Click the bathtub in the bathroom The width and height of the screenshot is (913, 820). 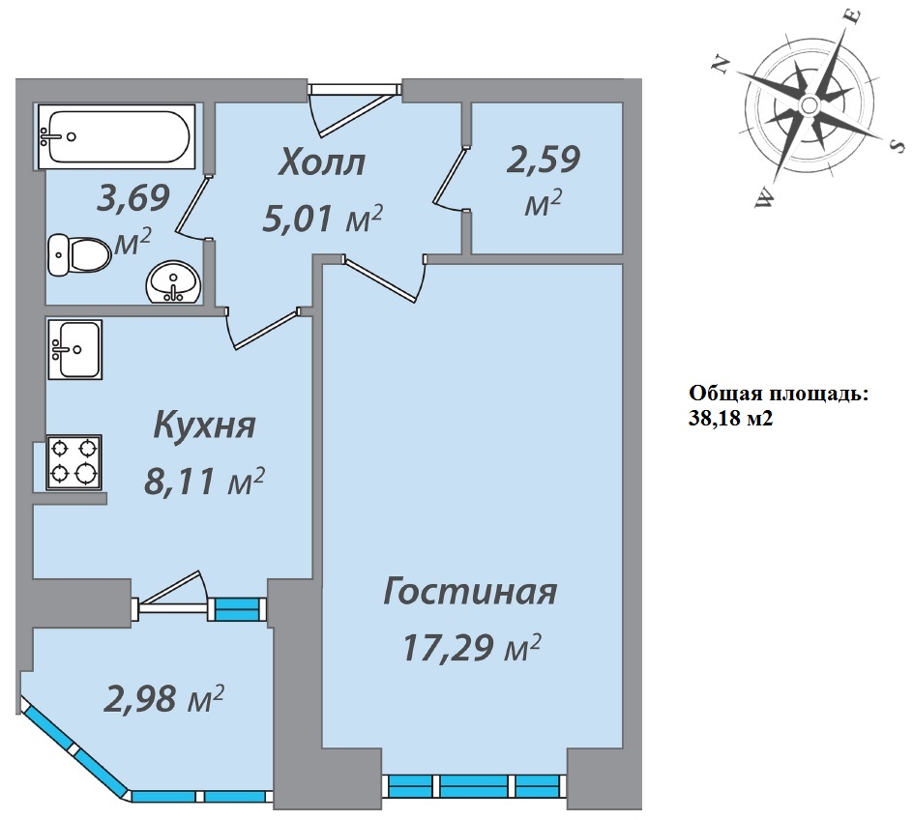(x=116, y=136)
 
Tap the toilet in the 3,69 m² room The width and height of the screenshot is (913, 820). (x=79, y=255)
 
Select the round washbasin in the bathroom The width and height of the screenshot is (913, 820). (x=173, y=282)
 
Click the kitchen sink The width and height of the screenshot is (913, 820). (x=75, y=349)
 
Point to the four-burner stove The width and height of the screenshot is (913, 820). (x=74, y=462)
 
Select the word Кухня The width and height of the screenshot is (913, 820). (x=204, y=425)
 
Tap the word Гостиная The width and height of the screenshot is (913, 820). (x=470, y=591)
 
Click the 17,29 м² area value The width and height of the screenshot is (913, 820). (x=472, y=647)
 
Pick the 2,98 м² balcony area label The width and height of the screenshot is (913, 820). (x=163, y=698)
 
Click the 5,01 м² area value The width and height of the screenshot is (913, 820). (x=323, y=219)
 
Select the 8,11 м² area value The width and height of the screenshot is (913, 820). (x=204, y=482)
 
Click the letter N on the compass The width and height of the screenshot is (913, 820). (x=722, y=64)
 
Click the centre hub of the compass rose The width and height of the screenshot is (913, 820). (x=809, y=105)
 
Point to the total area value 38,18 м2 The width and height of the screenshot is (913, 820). (x=731, y=419)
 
